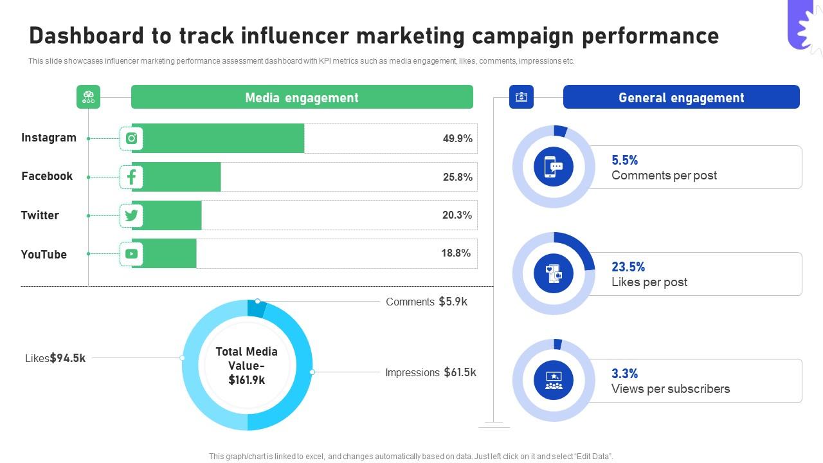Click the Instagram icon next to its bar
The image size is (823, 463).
coord(131,138)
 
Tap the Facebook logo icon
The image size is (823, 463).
coord(131,177)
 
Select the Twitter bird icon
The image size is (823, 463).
coord(131,215)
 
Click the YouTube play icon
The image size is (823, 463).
coord(131,254)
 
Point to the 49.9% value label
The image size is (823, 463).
coord(457,138)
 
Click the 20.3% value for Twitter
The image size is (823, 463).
coord(457,215)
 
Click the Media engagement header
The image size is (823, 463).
coord(302,97)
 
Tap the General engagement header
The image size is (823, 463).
coord(681,97)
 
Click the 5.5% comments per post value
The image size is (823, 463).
coord(624,160)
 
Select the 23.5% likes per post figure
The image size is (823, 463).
coord(628,267)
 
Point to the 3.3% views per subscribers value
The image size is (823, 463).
coord(624,374)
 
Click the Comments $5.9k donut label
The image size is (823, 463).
coord(426,302)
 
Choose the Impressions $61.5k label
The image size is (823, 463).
coord(430,372)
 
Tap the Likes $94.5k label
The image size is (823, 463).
coord(55,358)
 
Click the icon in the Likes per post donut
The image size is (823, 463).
coord(554,273)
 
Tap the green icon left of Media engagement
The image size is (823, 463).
coord(89,97)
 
